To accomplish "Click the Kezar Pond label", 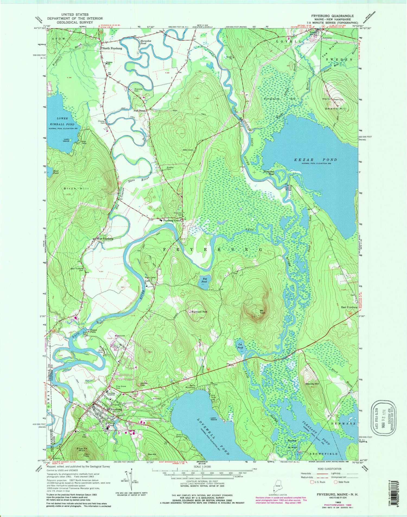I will (x=316, y=160).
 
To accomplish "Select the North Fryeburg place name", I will (x=112, y=48).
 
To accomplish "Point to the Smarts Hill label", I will (x=337, y=109).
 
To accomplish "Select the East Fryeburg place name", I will (x=349, y=307).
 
